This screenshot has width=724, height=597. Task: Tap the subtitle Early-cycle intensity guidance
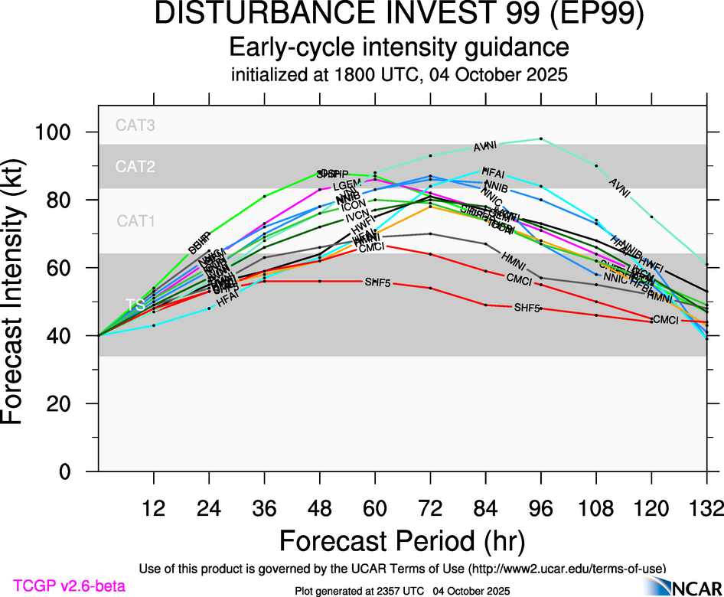point(400,47)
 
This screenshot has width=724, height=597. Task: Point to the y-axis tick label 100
point(55,133)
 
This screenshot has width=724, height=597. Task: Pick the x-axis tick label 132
point(706,509)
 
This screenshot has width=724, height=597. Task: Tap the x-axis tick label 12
point(154,509)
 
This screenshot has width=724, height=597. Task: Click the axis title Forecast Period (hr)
point(402,540)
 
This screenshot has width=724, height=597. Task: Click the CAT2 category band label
point(135,166)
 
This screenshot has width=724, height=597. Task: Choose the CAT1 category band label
point(135,221)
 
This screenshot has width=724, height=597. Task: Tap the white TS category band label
point(135,305)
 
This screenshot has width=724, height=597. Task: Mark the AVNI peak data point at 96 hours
point(541,139)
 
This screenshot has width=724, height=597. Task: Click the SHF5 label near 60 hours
point(377,283)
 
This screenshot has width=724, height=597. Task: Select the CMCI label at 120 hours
point(664,320)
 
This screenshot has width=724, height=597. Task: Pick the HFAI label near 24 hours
point(229,302)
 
